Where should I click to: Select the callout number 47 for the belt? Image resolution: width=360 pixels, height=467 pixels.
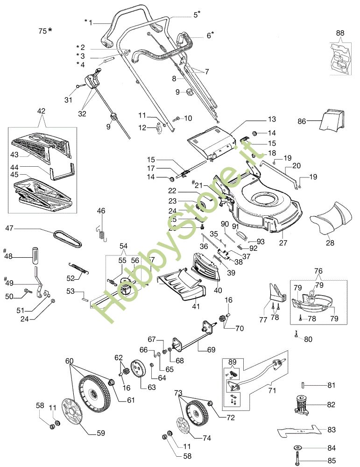[9, 228]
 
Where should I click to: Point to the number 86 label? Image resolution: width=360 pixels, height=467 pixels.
[302, 121]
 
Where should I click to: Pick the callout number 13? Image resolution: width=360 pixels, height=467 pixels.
[272, 120]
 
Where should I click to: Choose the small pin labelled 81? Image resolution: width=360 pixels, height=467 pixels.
[303, 385]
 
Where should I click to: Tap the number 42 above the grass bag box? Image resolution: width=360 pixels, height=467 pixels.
[41, 111]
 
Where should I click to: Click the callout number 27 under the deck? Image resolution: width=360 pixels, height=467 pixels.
[283, 243]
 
